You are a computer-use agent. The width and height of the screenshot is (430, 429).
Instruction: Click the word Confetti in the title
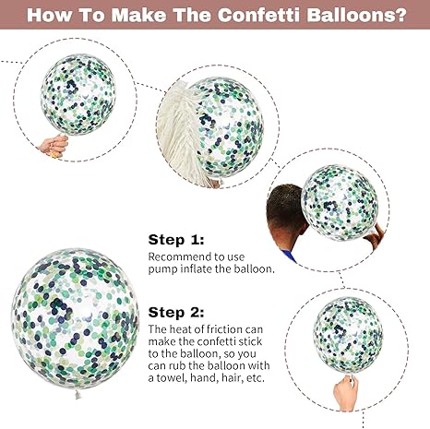pos(259,15)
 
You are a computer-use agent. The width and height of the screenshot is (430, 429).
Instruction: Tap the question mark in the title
pos(400,15)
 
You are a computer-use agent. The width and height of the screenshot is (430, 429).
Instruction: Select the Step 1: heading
pos(176,240)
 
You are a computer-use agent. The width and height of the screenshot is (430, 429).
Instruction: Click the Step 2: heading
pos(176,313)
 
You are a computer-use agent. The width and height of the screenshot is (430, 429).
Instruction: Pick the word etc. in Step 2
pos(256,378)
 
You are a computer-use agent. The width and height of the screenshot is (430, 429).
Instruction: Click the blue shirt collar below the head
pos(289,256)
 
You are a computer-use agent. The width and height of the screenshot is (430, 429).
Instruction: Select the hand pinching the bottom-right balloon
pos(346,393)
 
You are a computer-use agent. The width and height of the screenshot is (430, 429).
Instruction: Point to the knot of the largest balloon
pos(78,394)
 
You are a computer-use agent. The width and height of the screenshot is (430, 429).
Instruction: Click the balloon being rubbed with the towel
pos(230,127)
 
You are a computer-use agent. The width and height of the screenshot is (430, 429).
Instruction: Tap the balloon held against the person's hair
pos(340,202)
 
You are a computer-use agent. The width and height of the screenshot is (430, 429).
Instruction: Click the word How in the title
pos(48,15)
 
